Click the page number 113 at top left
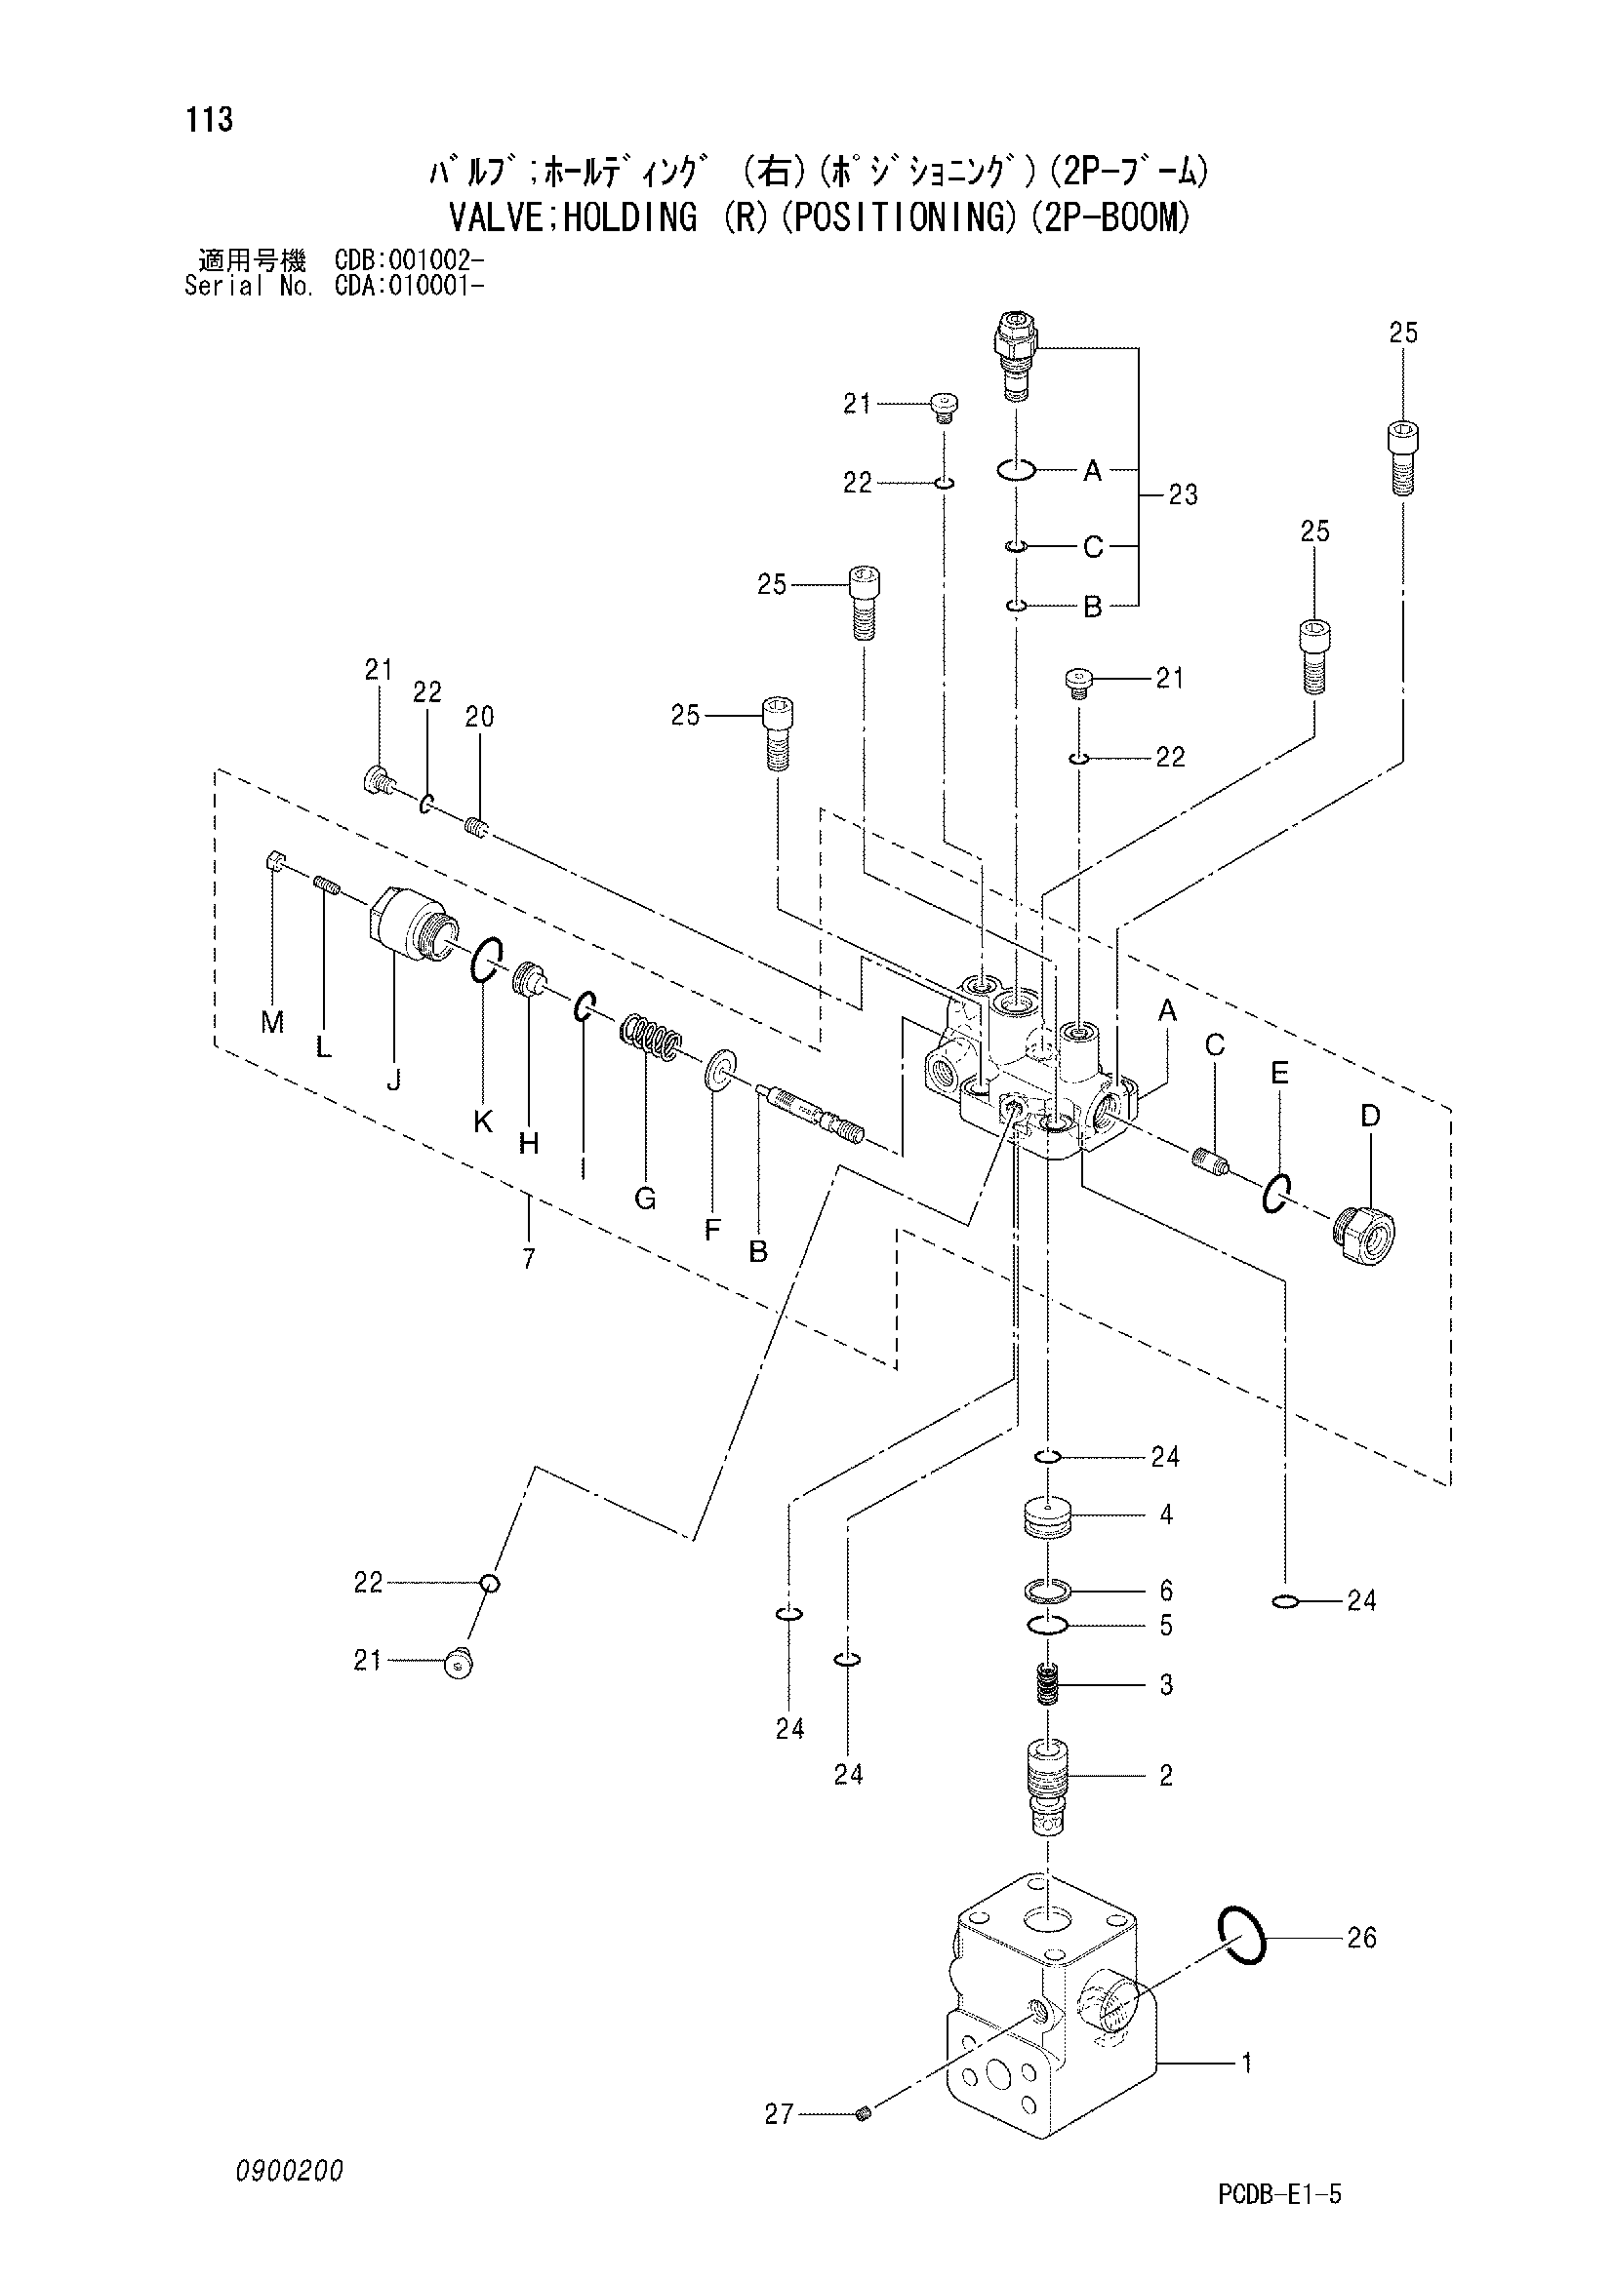click(x=209, y=120)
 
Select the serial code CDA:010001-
click(x=411, y=286)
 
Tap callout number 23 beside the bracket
click(x=1183, y=494)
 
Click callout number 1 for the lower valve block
click(x=1246, y=2064)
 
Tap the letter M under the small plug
click(x=272, y=1021)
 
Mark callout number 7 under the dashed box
click(x=529, y=1259)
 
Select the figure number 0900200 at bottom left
click(x=289, y=2171)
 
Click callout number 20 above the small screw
click(x=479, y=717)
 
